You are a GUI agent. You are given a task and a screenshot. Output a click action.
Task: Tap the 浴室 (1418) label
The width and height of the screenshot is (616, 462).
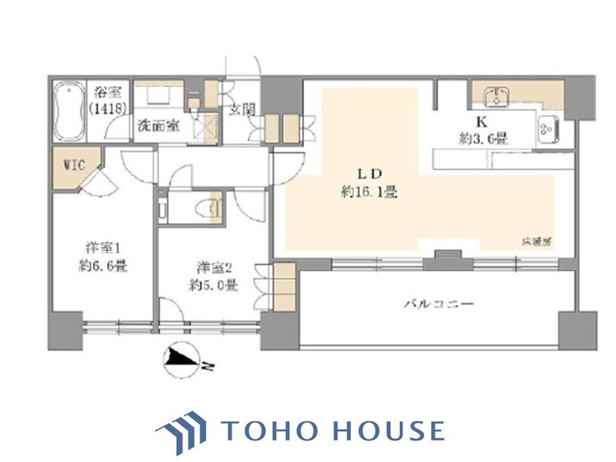point(107,100)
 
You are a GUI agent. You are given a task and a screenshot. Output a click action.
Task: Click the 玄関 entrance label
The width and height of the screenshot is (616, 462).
point(240,110)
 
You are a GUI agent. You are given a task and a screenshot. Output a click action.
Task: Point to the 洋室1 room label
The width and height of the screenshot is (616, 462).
point(102,247)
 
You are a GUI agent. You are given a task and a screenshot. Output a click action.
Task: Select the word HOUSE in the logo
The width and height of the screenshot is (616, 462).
point(391,431)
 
